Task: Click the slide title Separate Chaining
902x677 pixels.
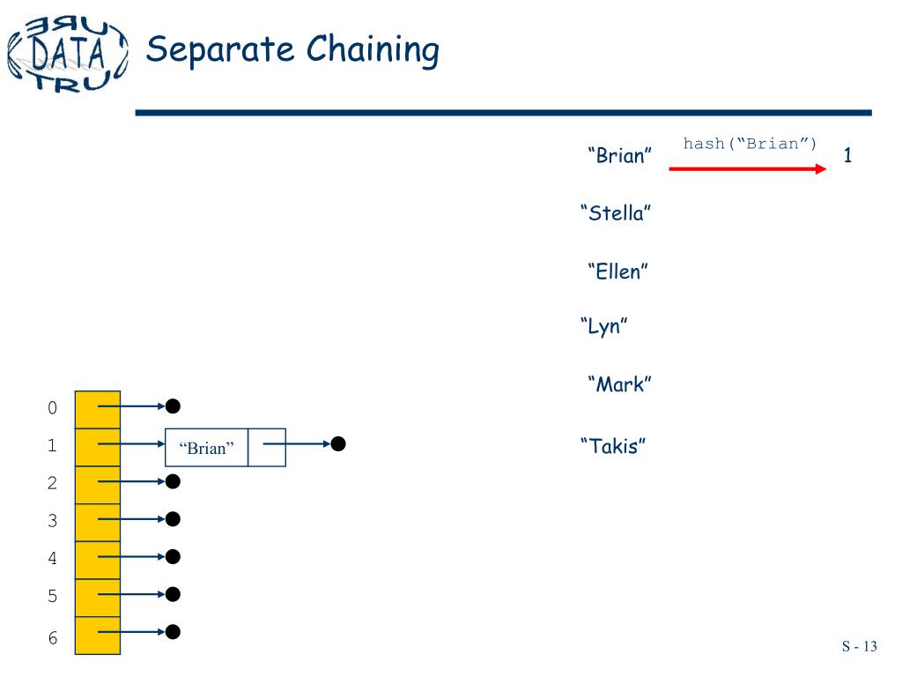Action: pos(292,49)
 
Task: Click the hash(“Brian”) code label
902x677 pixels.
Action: pos(750,144)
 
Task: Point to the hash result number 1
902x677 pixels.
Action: pos(847,157)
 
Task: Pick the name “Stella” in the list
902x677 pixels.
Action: pos(616,213)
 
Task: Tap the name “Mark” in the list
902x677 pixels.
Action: pos(619,385)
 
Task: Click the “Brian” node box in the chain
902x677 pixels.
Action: pos(207,448)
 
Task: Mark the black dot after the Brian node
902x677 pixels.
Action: pos(338,444)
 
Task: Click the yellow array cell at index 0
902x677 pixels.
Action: pos(97,409)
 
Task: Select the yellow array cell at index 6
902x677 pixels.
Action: pos(97,636)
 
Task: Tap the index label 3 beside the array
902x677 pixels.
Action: pos(52,521)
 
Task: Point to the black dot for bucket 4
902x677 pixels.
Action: pos(174,556)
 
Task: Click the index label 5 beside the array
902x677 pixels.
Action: pos(52,597)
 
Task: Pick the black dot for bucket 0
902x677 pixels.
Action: pos(174,405)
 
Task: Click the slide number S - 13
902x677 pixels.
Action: pos(859,646)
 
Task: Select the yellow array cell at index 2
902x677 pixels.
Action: pos(97,484)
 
